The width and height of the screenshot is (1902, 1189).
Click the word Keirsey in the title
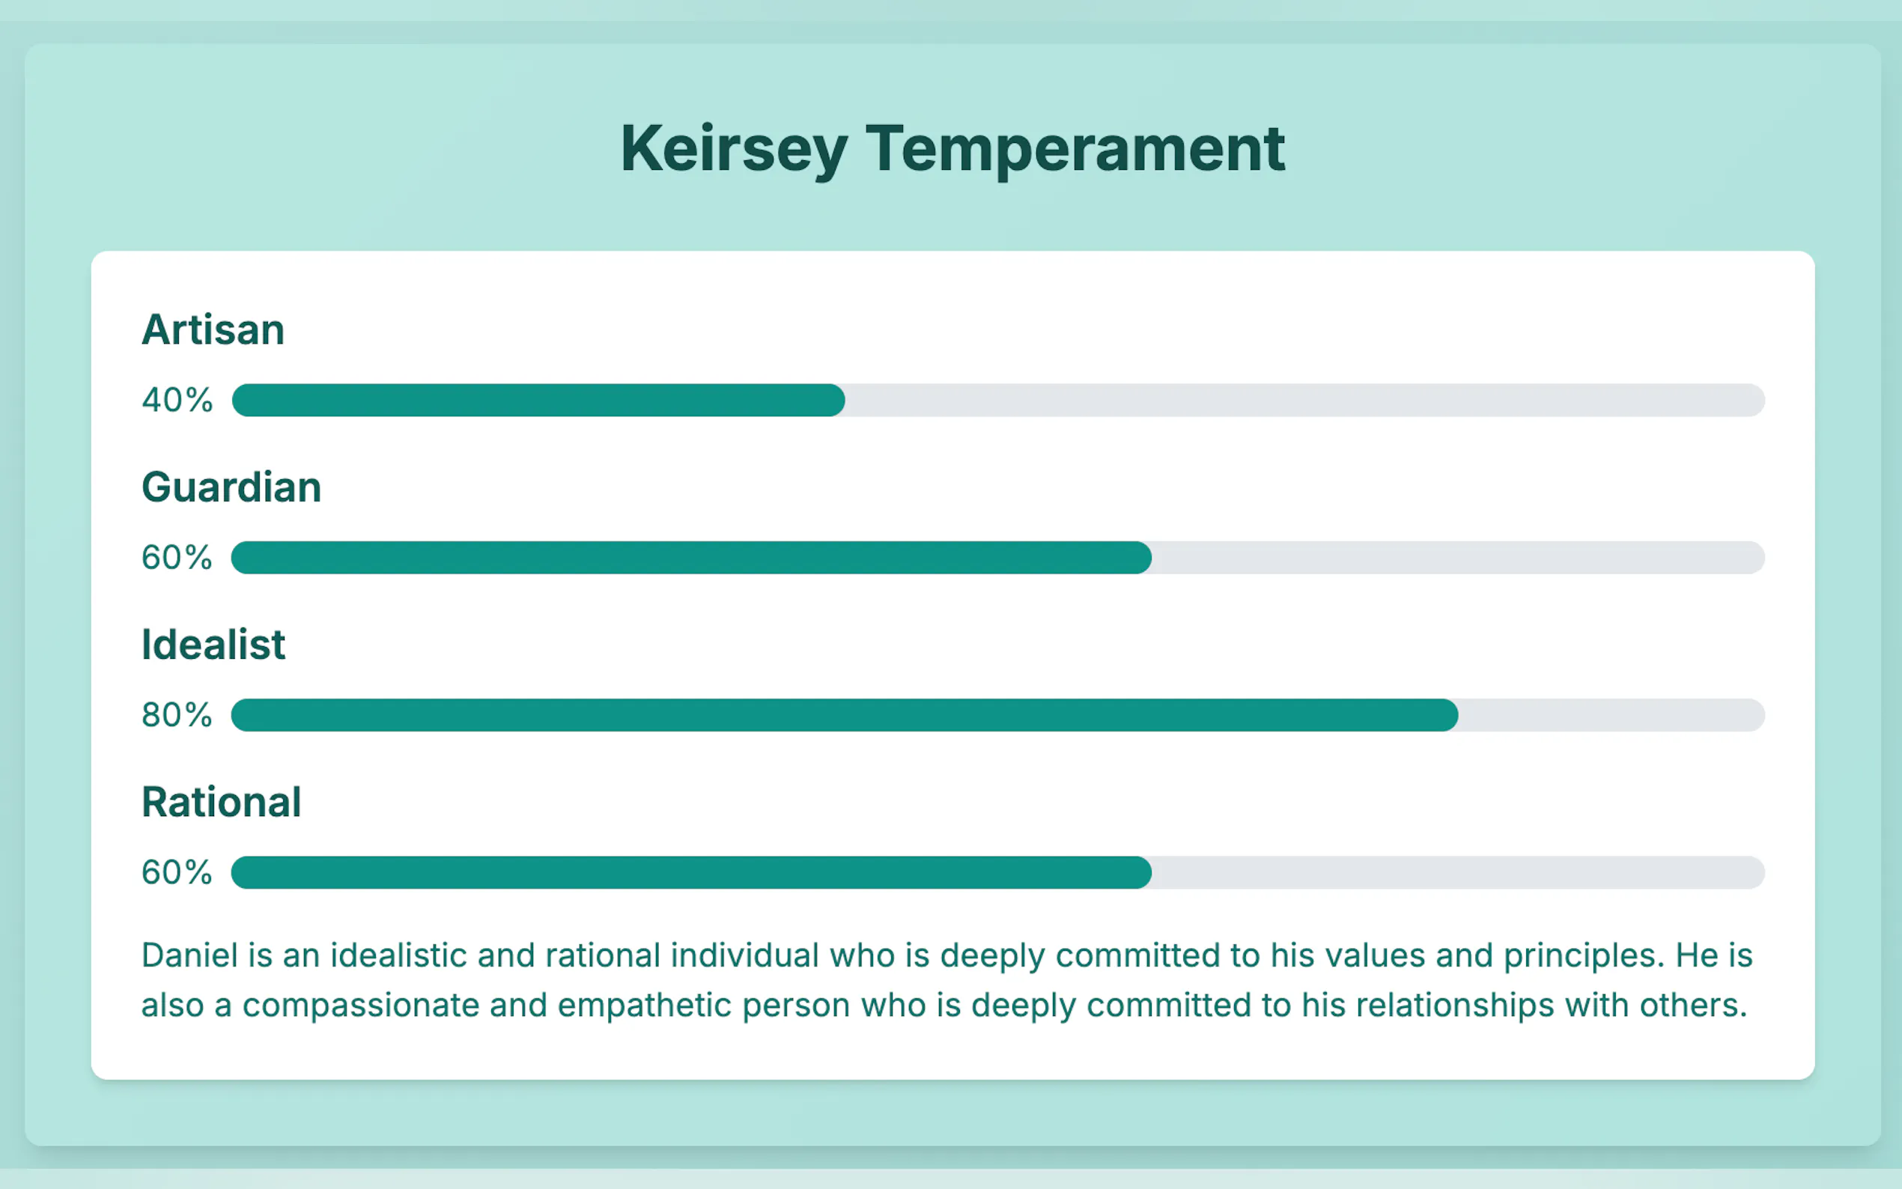pyautogui.click(x=735, y=150)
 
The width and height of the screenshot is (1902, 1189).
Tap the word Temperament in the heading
pyautogui.click(x=1075, y=150)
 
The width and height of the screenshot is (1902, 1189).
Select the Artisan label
pyautogui.click(x=213, y=329)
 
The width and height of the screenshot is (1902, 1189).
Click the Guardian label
pyautogui.click(x=231, y=487)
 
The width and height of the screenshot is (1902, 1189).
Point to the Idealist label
pyautogui.click(x=213, y=645)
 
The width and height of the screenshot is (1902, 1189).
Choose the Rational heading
pyautogui.click(x=221, y=802)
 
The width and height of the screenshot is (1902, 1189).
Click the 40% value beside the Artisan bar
pyautogui.click(x=177, y=401)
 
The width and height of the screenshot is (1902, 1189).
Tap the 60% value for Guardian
pyautogui.click(x=177, y=558)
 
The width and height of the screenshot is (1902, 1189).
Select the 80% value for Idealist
pyautogui.click(x=177, y=715)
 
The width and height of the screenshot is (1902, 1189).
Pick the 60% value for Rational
pyautogui.click(x=177, y=872)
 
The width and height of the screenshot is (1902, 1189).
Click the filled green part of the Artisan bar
pyautogui.click(x=538, y=401)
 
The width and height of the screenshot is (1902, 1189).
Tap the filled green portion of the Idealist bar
pyautogui.click(x=845, y=715)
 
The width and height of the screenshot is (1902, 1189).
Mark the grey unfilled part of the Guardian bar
pyautogui.click(x=1459, y=558)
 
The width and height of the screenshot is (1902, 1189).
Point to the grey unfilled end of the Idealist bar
pyautogui.click(x=1612, y=715)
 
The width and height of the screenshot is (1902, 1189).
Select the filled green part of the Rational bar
pyautogui.click(x=691, y=872)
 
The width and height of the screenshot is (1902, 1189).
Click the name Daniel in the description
pyautogui.click(x=189, y=955)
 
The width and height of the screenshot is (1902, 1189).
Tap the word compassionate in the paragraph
pyautogui.click(x=361, y=1006)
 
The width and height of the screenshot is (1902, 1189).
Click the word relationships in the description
pyautogui.click(x=1428, y=1006)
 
